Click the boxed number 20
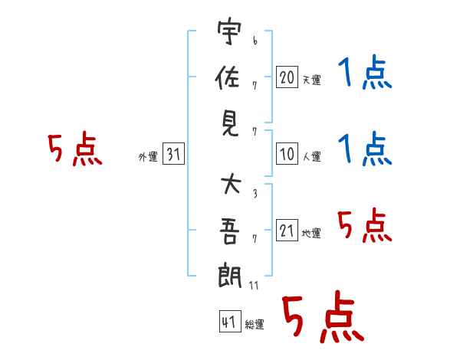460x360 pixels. click(287, 77)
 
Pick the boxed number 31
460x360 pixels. click(173, 155)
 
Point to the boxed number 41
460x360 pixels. click(228, 322)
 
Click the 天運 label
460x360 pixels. click(311, 80)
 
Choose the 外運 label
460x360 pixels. click(148, 157)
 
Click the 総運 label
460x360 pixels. click(255, 325)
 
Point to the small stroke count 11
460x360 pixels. click(255, 286)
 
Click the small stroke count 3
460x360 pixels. click(254, 193)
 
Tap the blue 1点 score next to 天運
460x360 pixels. click(365, 75)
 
